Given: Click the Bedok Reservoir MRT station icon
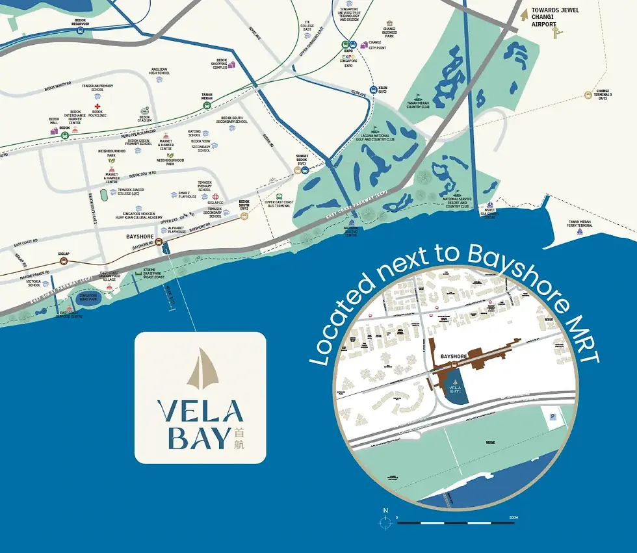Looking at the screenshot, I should (81, 30).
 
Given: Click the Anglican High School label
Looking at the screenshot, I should (160, 72).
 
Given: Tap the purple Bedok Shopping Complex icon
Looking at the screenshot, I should (231, 64).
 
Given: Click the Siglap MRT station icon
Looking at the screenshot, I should (64, 261).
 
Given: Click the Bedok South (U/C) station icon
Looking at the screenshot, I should (244, 216).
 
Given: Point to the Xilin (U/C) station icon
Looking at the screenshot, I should (373, 90).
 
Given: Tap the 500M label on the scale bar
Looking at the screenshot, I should (513, 517).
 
